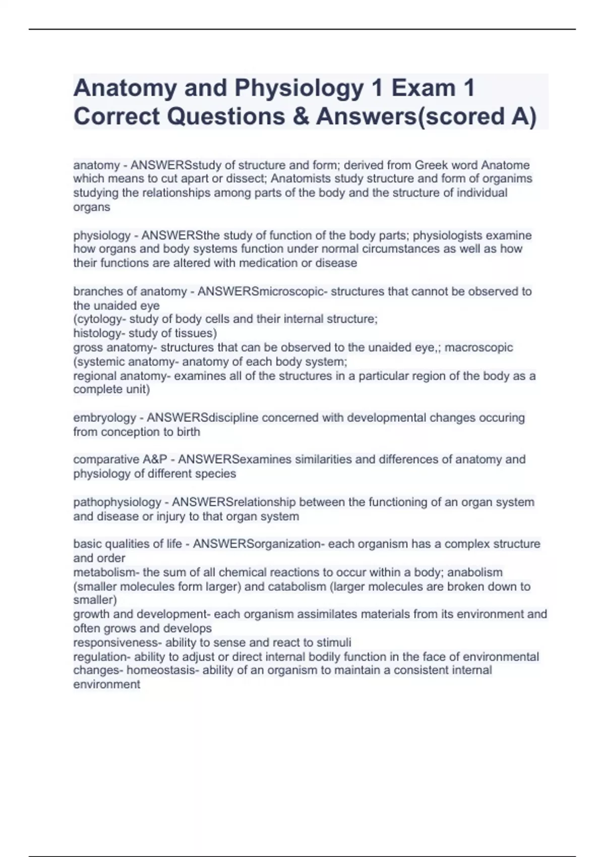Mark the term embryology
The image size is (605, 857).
pyautogui.click(x=105, y=418)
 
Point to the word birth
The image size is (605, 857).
pyautogui.click(x=188, y=432)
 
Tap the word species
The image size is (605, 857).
pyautogui.click(x=215, y=474)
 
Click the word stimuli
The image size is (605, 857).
pyautogui.click(x=333, y=643)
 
